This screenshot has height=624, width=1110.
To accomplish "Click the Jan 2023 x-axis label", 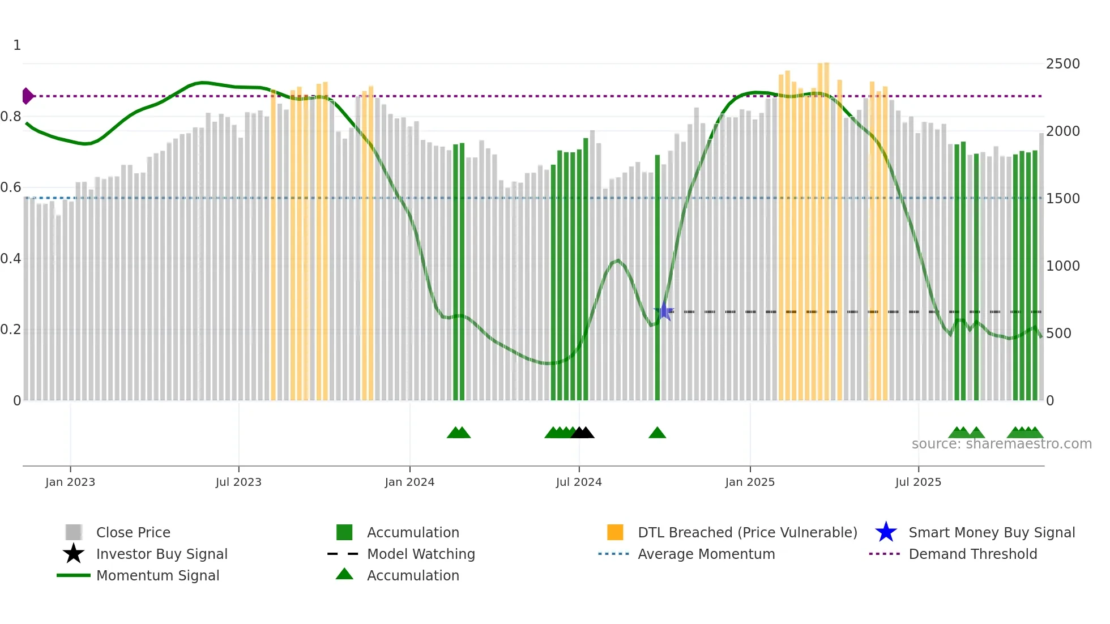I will [70, 482].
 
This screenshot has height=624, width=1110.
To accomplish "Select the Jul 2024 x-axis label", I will [579, 482].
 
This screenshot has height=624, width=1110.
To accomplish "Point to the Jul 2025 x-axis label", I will [918, 482].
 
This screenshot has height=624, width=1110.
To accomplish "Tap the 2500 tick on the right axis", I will [1062, 64].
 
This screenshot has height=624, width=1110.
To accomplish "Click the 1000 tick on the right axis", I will [1062, 266].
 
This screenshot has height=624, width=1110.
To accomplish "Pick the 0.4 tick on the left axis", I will [11, 259].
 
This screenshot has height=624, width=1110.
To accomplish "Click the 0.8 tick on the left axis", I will [11, 117].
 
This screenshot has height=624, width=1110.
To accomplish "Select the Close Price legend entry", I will [133, 532].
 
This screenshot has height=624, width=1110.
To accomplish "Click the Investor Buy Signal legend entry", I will [161, 554].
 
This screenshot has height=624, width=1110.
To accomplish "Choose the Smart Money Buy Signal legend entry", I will [991, 532].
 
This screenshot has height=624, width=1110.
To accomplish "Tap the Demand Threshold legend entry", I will [972, 554].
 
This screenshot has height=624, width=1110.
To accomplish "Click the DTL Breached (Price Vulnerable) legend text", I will [747, 532].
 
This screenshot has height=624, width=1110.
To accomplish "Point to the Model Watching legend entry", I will [421, 554].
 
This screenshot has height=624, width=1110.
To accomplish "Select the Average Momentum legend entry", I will [706, 554].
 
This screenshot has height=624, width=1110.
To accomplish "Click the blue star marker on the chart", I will [664, 311].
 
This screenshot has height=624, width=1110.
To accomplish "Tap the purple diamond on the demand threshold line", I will [27, 96].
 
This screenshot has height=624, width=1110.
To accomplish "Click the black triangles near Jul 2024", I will [583, 433].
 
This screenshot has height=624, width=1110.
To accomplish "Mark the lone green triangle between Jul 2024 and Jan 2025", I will [657, 433].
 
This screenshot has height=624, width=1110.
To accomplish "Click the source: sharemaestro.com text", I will [1001, 444].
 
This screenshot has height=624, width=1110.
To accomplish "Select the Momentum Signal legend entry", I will [157, 575].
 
